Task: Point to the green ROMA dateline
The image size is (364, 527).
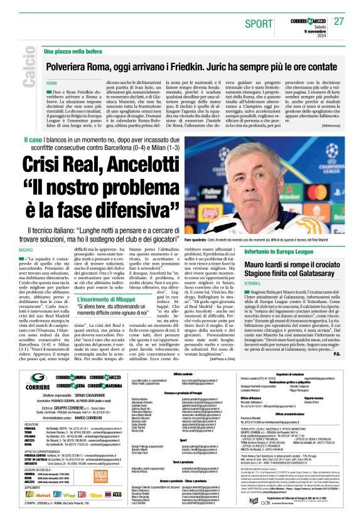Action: (51, 83)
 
